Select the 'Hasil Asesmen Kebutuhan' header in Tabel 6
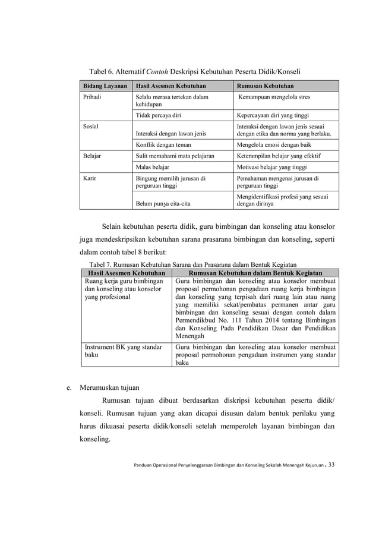[x=169, y=86]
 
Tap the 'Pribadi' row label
[x=91, y=97]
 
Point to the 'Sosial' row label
[x=89, y=127]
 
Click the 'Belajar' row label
[x=91, y=156]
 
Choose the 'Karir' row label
[x=89, y=178]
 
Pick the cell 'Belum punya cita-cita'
[x=162, y=204]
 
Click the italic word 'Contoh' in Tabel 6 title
[x=157, y=67]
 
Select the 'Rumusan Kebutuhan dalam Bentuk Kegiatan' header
[x=255, y=272]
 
